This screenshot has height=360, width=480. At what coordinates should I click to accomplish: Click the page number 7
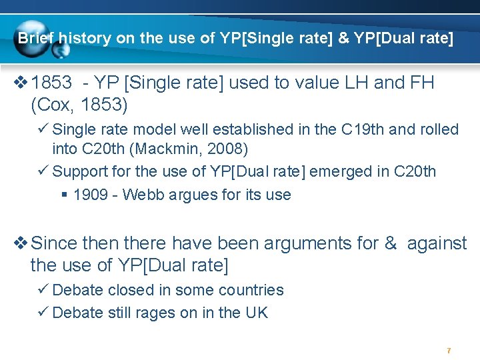(x=449, y=351)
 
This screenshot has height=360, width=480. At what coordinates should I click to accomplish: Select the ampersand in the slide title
(x=343, y=39)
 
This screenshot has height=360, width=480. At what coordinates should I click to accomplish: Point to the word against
(x=437, y=243)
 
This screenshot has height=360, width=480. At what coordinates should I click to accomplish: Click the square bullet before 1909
(x=65, y=195)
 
